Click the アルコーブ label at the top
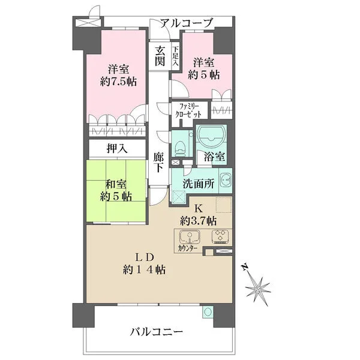[185, 23]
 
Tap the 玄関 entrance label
[160, 56]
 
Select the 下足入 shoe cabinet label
[175, 56]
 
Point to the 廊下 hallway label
[159, 162]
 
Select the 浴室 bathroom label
[215, 157]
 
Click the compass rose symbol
[258, 290]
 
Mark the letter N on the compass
[243, 266]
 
